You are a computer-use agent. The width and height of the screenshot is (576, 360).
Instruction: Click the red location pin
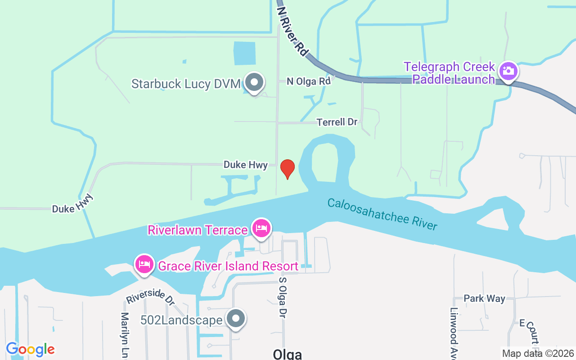(x=288, y=169)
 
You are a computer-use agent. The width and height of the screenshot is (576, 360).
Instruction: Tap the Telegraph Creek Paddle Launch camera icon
(x=508, y=71)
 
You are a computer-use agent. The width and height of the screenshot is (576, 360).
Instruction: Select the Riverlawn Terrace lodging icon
(x=261, y=228)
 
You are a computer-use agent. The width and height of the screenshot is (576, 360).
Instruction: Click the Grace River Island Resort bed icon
(x=144, y=264)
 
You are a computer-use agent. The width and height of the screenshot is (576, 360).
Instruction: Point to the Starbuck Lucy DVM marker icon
(x=254, y=83)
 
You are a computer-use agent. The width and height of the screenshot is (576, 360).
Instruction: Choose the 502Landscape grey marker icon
(x=235, y=319)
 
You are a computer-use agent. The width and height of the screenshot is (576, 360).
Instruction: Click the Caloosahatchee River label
(x=382, y=214)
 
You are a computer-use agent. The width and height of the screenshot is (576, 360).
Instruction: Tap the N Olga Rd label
(x=309, y=81)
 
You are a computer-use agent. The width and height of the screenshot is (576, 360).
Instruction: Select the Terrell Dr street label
(x=337, y=122)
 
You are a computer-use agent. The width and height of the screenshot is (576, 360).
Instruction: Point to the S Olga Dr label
(x=283, y=297)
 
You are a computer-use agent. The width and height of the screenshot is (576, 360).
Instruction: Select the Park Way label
(x=484, y=298)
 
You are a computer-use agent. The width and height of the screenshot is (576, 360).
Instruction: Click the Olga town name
(x=287, y=354)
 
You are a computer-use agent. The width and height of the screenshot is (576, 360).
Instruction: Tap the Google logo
(x=30, y=349)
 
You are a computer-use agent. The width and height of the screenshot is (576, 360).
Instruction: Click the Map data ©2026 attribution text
(x=538, y=353)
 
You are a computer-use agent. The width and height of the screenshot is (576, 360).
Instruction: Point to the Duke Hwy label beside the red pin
(x=245, y=165)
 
